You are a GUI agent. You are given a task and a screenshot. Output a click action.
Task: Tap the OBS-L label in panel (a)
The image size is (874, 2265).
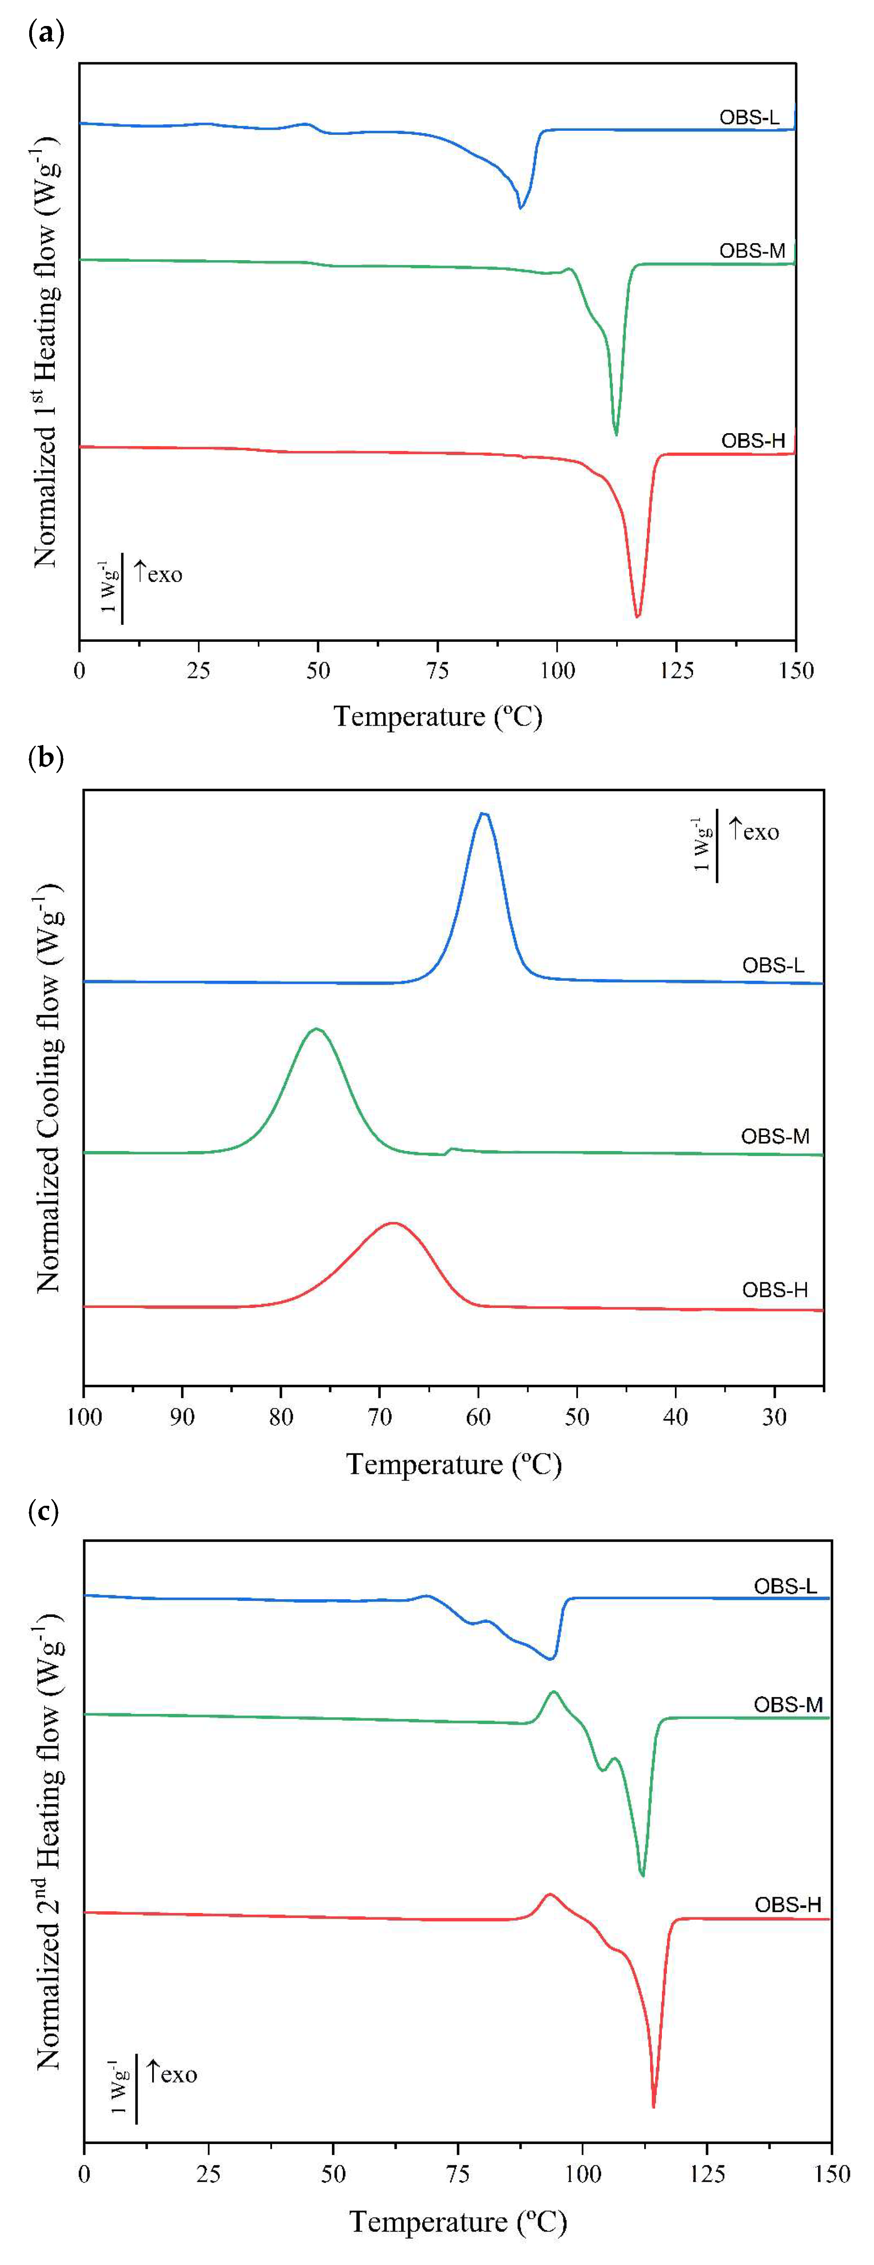(x=748, y=117)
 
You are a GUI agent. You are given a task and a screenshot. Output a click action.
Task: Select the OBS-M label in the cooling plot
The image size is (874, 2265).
(x=775, y=1136)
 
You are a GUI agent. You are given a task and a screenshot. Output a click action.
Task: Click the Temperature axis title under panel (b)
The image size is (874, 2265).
(x=454, y=1464)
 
